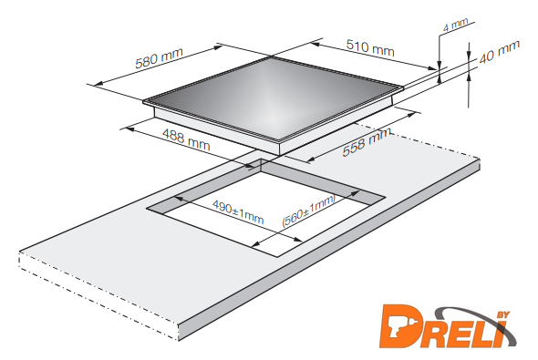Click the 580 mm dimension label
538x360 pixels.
point(159,58)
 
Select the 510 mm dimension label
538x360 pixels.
point(370,47)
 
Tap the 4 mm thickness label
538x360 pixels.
point(455,25)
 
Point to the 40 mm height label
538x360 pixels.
point(500,52)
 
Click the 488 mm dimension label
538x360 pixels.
point(186,139)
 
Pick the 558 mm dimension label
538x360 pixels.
point(367,142)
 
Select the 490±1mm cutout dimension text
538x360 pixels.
point(238,211)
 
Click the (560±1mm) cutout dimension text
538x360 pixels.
point(308,211)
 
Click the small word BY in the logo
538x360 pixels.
point(503,314)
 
